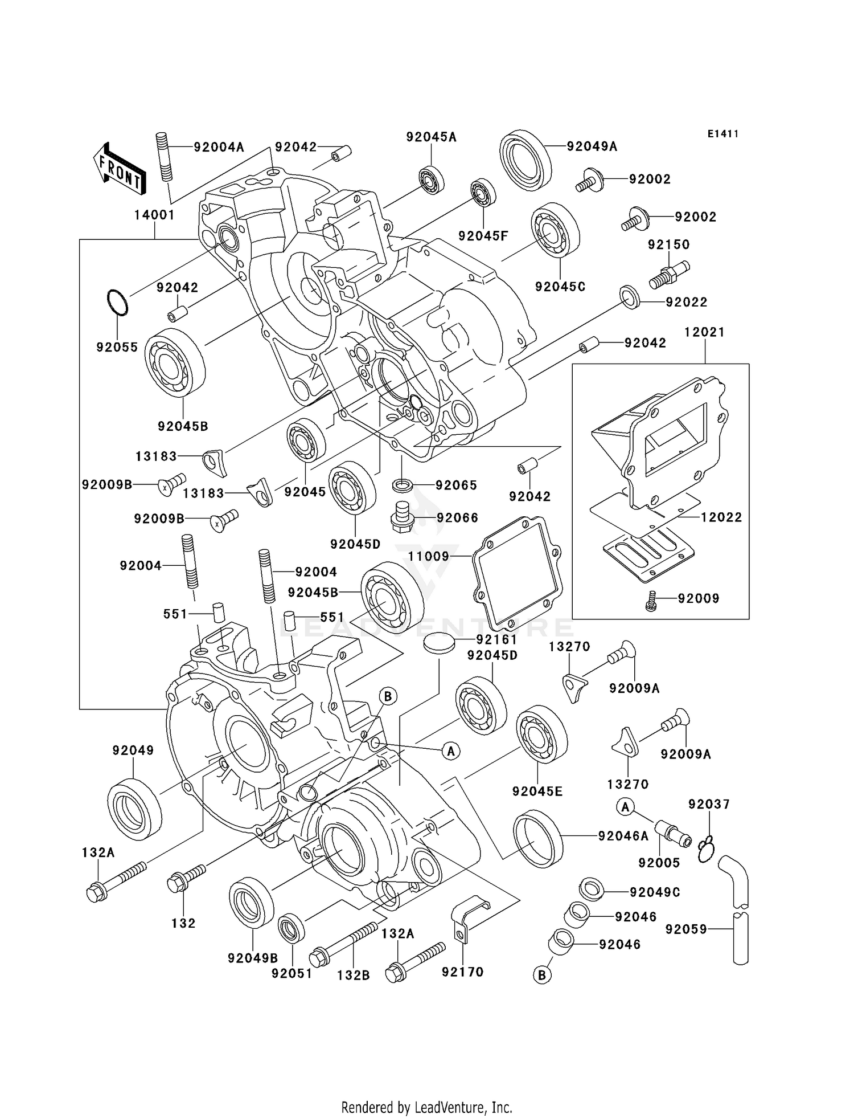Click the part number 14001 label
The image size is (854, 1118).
point(154,215)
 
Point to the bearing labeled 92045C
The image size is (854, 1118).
point(555,230)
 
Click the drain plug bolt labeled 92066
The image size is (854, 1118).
point(402,517)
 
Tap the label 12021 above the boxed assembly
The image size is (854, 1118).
point(704,332)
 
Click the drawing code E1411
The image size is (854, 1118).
point(723,134)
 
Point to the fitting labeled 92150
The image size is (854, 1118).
point(669,274)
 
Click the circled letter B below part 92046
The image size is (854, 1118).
point(542,975)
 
